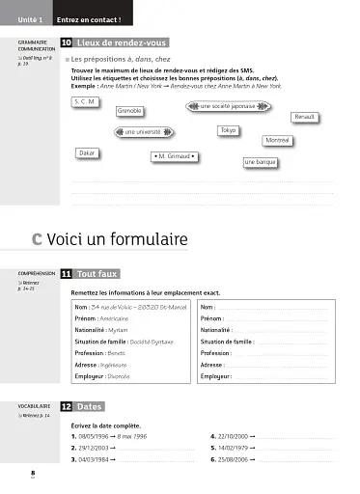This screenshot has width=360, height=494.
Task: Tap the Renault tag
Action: (x=305, y=117)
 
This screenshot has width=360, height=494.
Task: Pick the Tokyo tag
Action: (x=228, y=129)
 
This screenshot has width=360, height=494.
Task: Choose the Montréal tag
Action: (x=278, y=141)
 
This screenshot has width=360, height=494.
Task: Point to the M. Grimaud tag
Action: (x=174, y=155)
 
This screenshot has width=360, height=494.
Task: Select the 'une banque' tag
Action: (x=261, y=163)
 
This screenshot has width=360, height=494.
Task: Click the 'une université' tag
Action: (x=143, y=131)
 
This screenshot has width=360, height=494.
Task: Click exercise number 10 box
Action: (x=65, y=43)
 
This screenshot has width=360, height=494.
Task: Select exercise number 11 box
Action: (x=65, y=274)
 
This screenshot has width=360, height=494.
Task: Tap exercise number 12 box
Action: (x=65, y=407)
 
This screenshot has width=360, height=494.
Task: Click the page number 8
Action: (x=33, y=473)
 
